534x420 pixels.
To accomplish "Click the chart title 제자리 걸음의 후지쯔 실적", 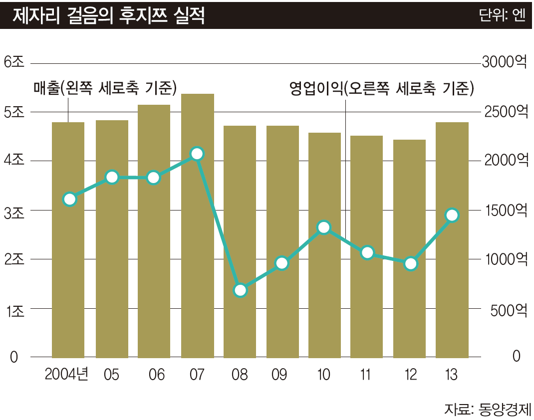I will click(108, 15).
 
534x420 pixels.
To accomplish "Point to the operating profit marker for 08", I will click(241, 290).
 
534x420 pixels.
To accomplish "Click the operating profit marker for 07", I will click(197, 154).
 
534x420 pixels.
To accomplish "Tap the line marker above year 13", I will click(452, 215).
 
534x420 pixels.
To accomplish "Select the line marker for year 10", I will click(324, 227).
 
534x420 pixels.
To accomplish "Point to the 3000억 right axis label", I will click(504, 62).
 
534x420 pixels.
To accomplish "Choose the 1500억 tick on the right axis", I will click(504, 210).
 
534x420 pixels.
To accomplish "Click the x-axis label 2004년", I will click(66, 375).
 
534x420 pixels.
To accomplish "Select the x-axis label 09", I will click(279, 375).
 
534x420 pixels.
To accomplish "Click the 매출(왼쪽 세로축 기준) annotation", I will click(105, 88).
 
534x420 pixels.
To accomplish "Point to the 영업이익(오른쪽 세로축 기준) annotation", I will click(382, 88).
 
